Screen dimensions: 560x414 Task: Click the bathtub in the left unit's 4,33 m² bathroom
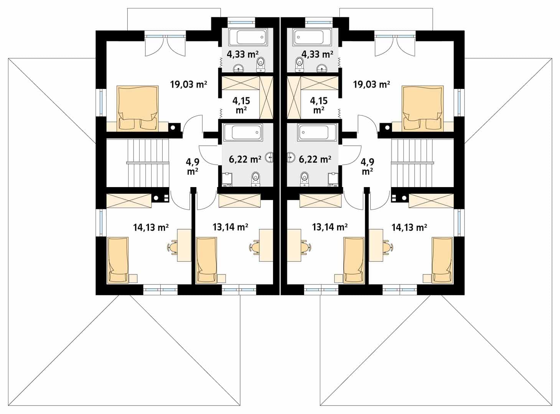[x=248, y=37]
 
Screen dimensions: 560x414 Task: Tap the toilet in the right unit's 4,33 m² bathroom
[x=300, y=65]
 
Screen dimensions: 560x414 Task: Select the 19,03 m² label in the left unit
[x=189, y=84]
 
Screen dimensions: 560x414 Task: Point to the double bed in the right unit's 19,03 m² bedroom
[x=423, y=108]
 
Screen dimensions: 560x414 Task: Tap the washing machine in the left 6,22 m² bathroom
[x=227, y=180]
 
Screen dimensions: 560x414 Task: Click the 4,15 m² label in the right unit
[x=319, y=105]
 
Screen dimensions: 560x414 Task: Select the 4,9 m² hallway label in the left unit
[x=193, y=167]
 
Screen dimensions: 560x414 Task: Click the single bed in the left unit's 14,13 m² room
[x=118, y=260]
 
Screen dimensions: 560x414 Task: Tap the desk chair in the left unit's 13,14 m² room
[x=255, y=248]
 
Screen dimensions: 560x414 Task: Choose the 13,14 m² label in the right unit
[x=330, y=227]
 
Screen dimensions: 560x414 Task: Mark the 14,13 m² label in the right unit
[x=409, y=227]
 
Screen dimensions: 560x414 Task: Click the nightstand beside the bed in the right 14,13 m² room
[x=427, y=278]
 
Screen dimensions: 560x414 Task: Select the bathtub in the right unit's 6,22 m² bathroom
[x=317, y=133]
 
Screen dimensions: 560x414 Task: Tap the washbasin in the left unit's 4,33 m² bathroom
[x=238, y=68]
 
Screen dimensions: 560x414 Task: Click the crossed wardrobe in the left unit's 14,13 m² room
[x=129, y=201]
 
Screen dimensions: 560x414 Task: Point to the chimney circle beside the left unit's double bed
[x=173, y=128]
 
